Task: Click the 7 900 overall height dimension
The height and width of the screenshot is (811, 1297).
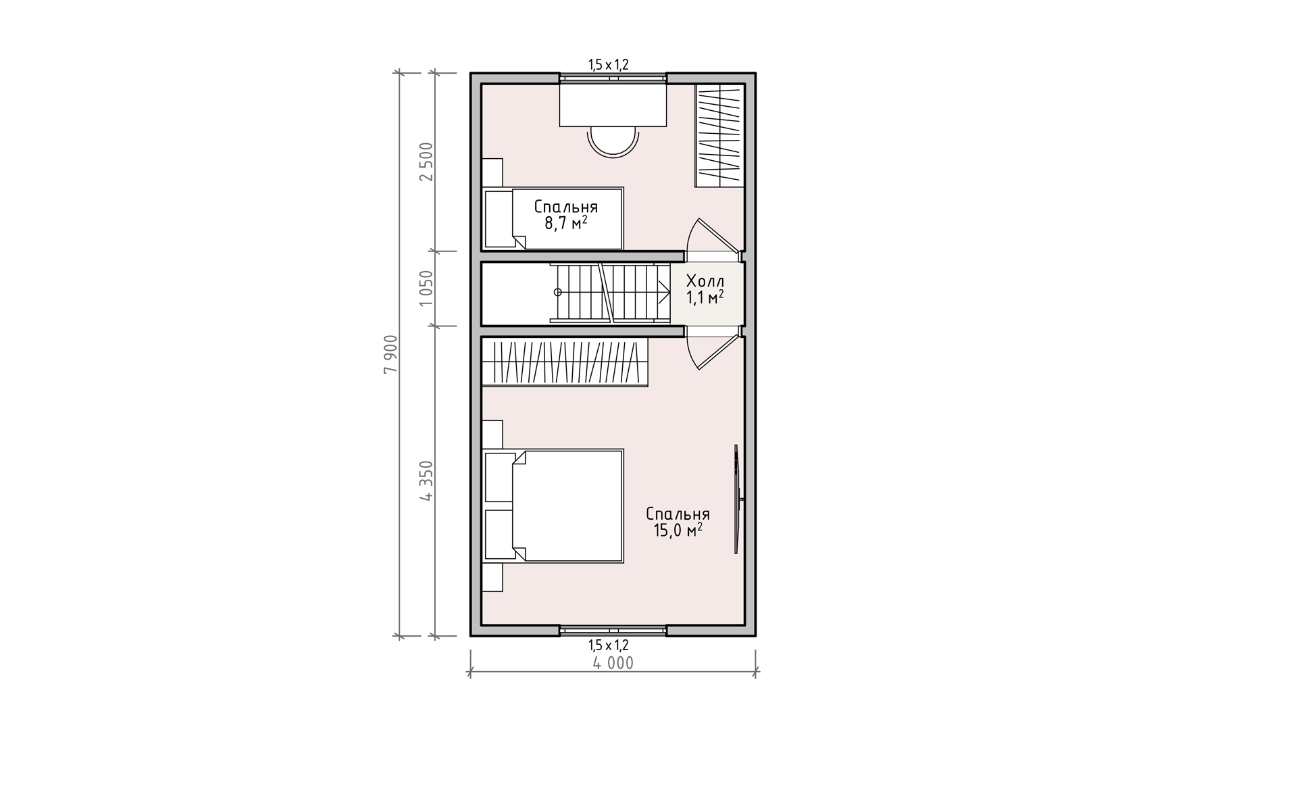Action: coord(390,354)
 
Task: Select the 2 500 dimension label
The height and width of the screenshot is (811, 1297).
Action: coord(426,162)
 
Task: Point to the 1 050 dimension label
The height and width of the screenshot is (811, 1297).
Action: coord(426,289)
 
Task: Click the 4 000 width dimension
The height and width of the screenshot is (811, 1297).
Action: coord(613,664)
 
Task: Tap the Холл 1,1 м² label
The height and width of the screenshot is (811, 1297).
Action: coord(705,289)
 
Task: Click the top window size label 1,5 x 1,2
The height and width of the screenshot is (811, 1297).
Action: coord(609,65)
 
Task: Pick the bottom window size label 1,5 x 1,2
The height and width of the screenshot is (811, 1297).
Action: coord(609,645)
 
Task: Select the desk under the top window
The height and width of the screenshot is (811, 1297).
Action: coord(613,105)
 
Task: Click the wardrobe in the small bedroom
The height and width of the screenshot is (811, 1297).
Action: coord(720,135)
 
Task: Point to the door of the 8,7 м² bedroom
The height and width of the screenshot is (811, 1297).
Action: coord(713,237)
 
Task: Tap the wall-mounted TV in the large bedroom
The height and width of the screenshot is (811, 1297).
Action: coord(738,499)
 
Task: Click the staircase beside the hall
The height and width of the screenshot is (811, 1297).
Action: coord(609,292)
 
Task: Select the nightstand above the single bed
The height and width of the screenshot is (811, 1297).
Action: coord(492,172)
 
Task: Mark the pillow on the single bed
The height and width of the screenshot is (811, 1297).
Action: coord(499,219)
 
